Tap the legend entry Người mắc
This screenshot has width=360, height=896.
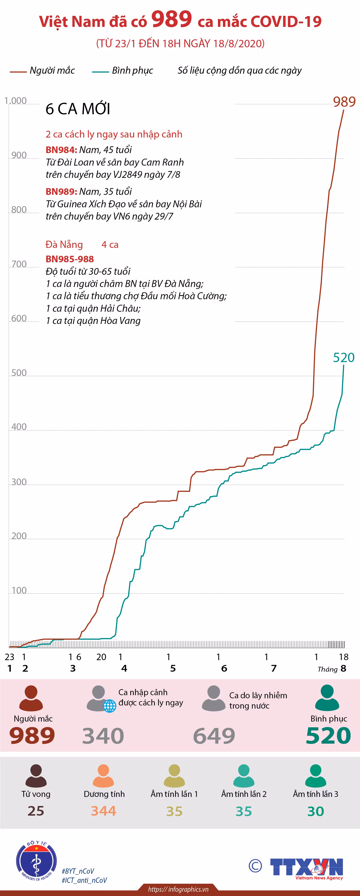[x=42, y=71]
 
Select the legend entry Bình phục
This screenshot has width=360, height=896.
[x=122, y=71]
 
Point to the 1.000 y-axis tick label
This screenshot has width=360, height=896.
[x=15, y=101]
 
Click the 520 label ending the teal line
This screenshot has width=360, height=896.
[x=344, y=358]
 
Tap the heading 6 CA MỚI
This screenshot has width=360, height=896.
[x=78, y=109]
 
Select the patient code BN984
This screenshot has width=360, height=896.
[x=61, y=150]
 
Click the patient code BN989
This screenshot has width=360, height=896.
[x=61, y=192]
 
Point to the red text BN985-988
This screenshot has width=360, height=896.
[x=70, y=259]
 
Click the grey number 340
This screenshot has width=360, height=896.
[x=103, y=736]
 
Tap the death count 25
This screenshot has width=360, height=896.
[x=36, y=811]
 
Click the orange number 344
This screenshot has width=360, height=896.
[x=104, y=811]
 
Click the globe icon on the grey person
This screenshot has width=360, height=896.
[x=110, y=706]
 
